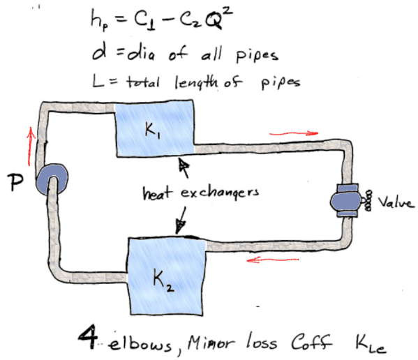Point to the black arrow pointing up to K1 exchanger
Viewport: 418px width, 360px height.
point(185,167)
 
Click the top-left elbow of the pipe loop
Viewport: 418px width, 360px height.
point(47,110)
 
